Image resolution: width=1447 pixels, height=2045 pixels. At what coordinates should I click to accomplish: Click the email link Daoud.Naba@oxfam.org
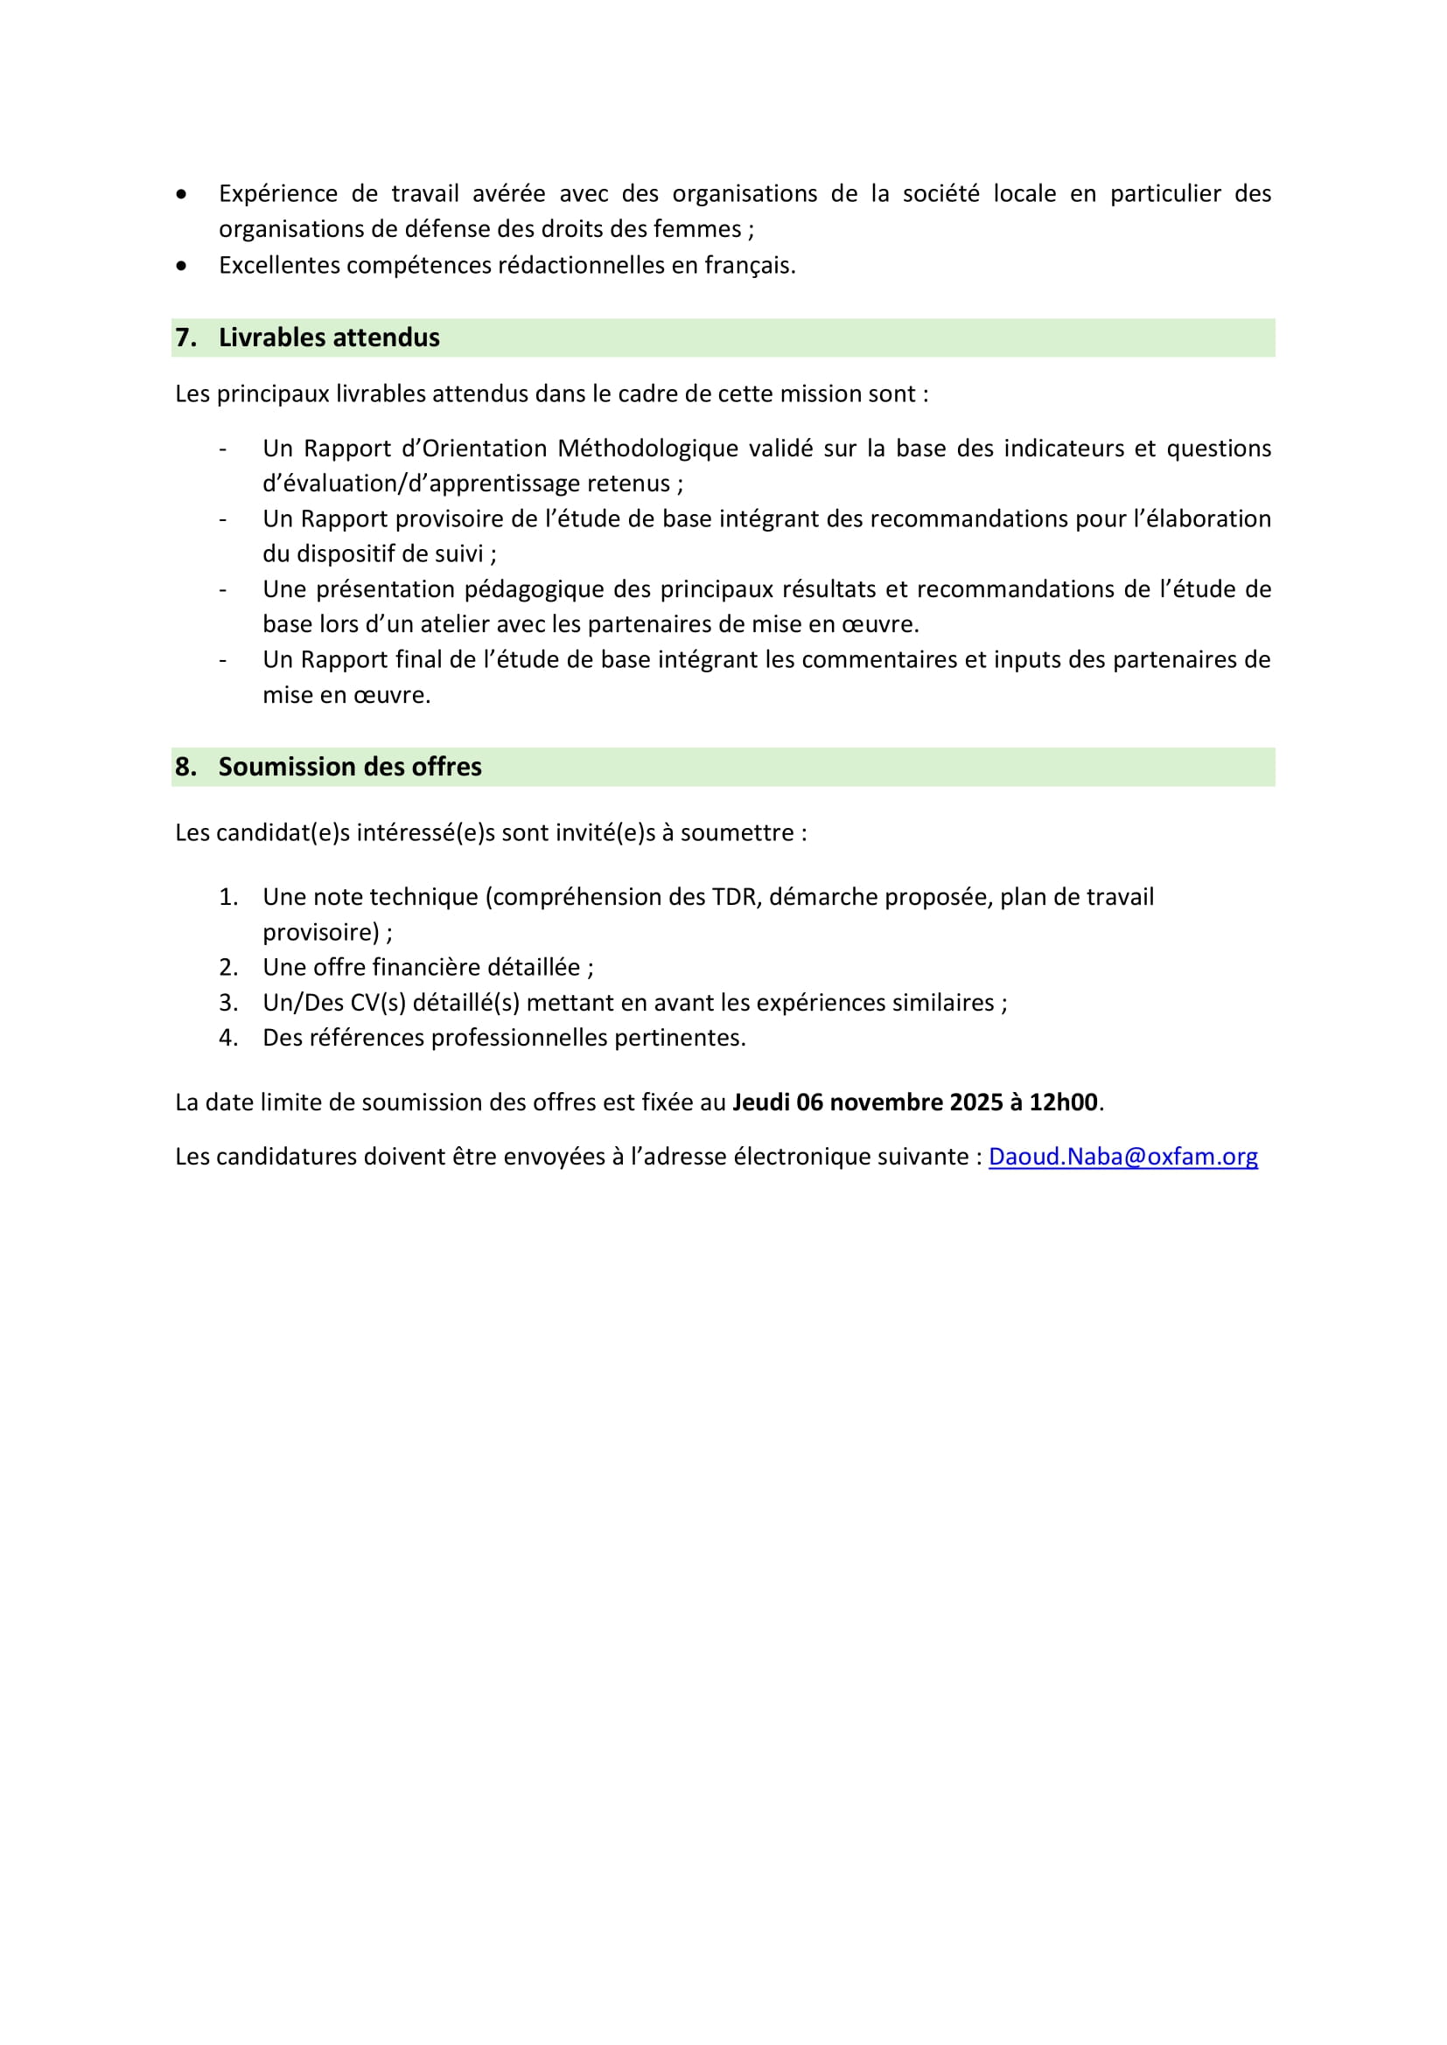(1122, 1156)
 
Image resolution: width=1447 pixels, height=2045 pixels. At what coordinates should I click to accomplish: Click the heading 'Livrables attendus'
(329, 337)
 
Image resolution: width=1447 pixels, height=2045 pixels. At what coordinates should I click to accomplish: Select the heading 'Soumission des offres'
(349, 767)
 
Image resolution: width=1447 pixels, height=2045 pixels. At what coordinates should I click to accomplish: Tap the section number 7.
(185, 337)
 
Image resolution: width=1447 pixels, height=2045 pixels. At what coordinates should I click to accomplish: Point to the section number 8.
(185, 767)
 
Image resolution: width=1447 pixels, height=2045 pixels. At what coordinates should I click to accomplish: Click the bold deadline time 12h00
(1063, 1102)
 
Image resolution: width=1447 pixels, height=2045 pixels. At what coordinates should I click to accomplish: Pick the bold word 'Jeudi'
(760, 1102)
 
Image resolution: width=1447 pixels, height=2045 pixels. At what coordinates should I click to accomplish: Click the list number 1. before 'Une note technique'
(228, 897)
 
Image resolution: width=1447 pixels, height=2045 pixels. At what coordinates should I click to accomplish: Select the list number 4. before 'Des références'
(228, 1038)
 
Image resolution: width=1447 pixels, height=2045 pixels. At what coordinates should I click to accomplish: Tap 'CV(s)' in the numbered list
(378, 1003)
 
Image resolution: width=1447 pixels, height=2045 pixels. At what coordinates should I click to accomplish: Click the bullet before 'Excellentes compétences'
(182, 266)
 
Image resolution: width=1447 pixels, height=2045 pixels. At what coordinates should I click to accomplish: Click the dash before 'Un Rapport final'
(223, 660)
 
